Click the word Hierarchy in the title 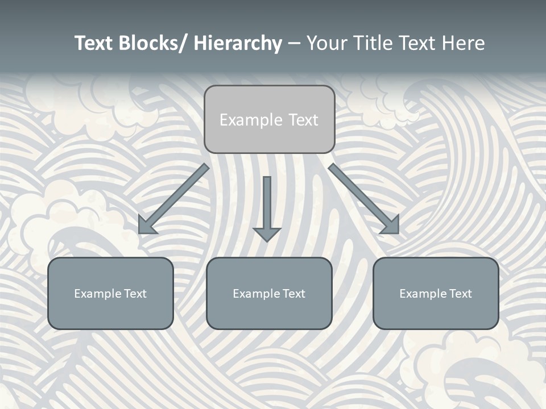click(238, 43)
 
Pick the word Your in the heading click(326, 43)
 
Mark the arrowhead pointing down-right click(391, 226)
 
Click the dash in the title click(294, 44)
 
